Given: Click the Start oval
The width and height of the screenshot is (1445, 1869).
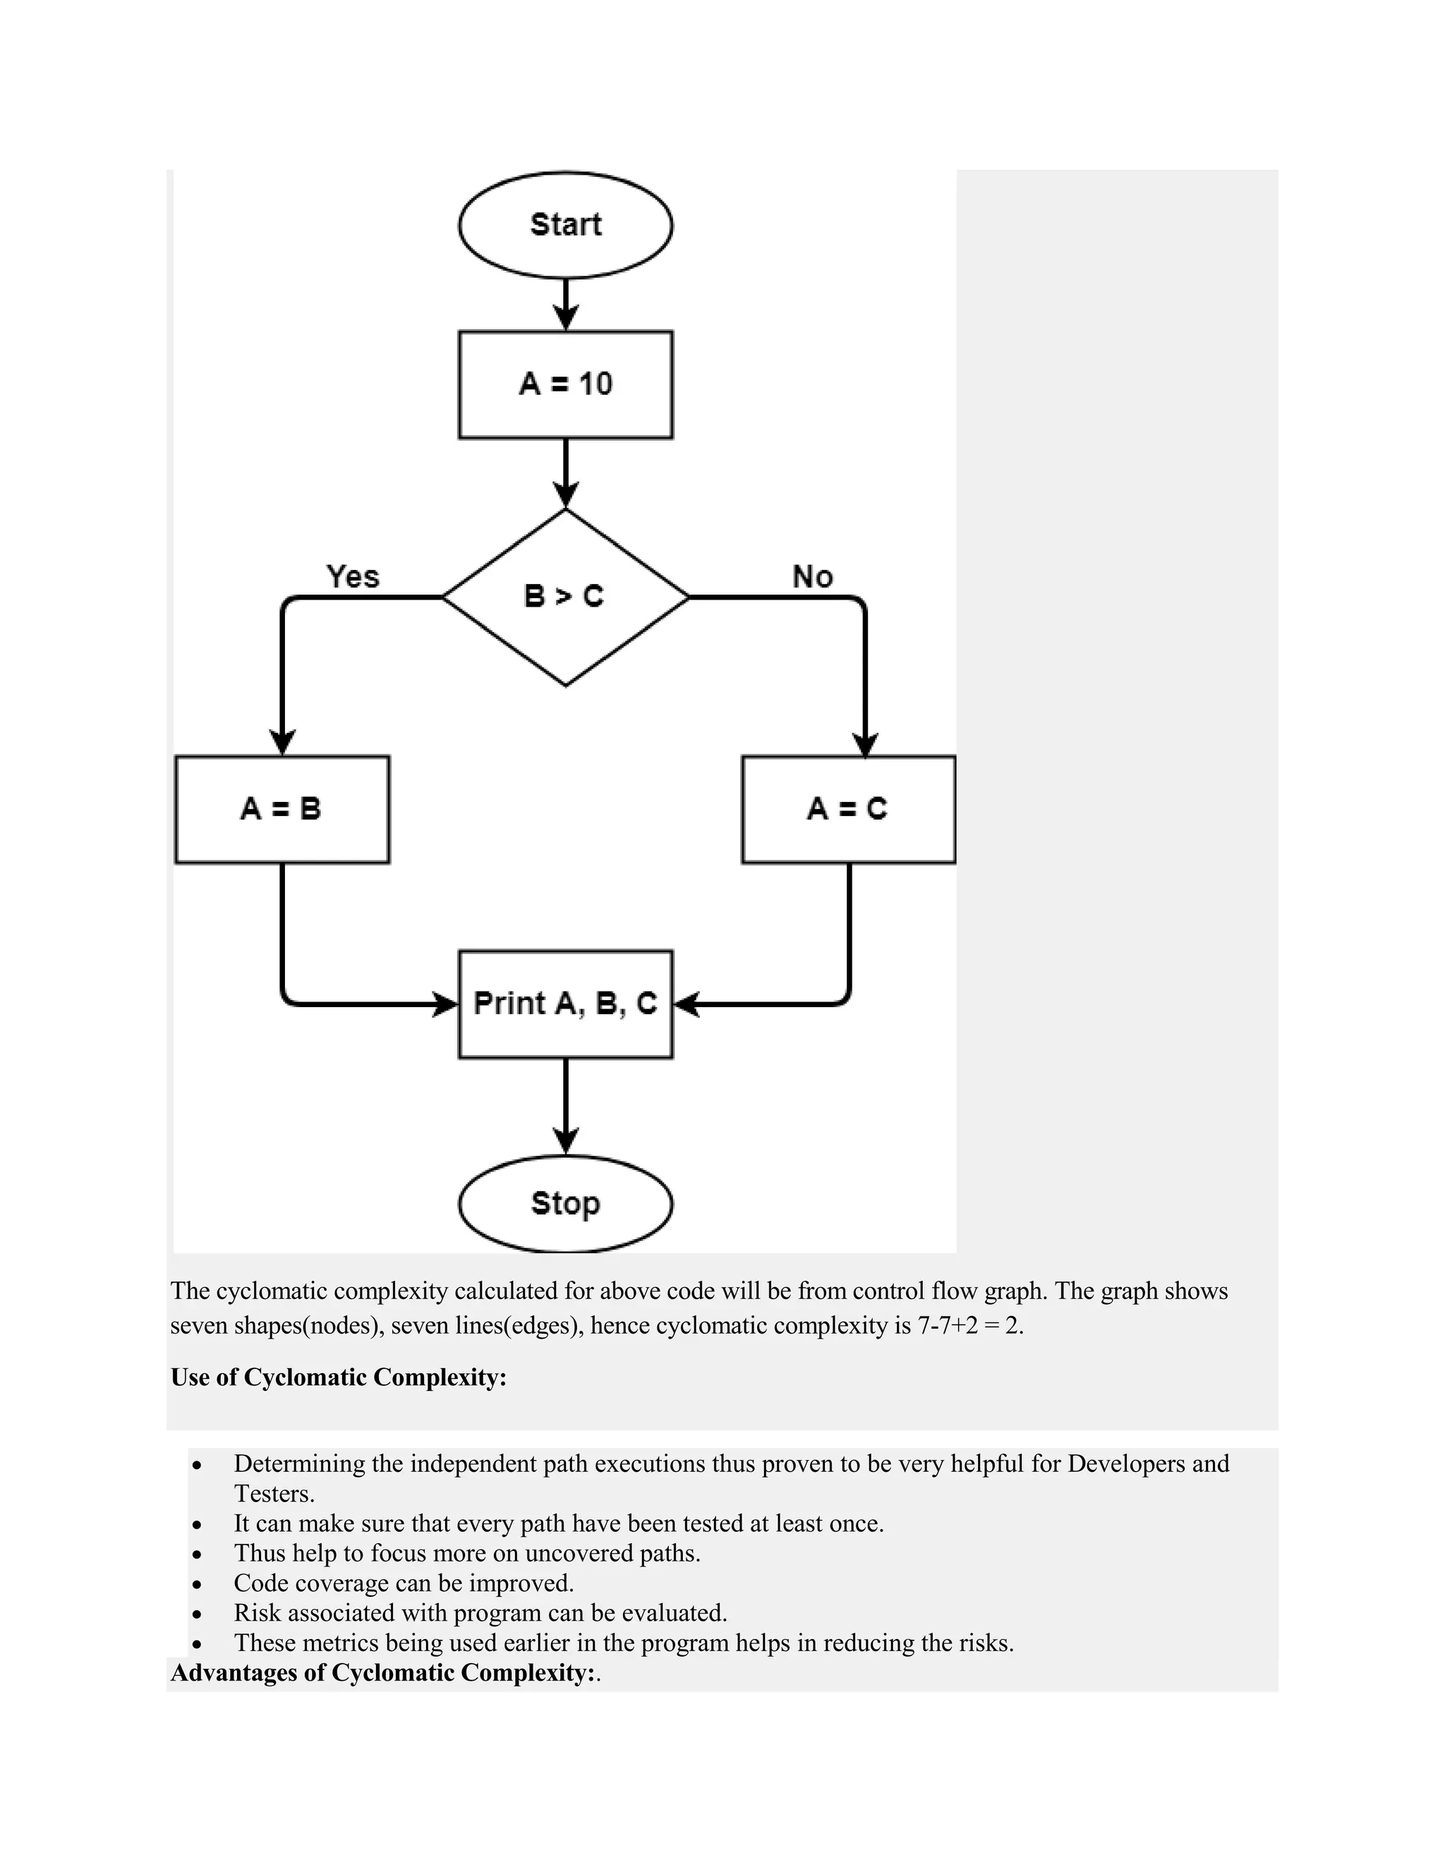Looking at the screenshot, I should (565, 224).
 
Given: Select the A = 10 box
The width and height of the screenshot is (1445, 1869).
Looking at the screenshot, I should (565, 384).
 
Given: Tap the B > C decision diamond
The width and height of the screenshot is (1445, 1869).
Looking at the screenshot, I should (565, 597).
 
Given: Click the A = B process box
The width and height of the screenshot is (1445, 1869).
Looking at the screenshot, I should (282, 809).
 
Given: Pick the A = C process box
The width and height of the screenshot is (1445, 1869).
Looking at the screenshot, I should (847, 809).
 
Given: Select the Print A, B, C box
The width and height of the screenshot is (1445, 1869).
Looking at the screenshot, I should (565, 1004).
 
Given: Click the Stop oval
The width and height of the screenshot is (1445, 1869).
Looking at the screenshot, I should (565, 1203).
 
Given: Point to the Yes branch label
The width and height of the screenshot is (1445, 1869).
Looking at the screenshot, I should (353, 576).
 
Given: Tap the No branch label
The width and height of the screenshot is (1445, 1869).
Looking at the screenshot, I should (812, 576).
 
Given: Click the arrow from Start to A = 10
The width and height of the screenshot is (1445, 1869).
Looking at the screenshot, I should (565, 305).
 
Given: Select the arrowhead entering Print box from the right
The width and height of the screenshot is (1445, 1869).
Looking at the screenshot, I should (687, 1004).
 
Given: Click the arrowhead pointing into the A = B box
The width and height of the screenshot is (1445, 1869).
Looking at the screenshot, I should (282, 742).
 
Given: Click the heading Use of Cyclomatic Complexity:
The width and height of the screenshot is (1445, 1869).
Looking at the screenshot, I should (338, 1377).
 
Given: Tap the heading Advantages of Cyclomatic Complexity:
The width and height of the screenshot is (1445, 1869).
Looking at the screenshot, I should (382, 1672).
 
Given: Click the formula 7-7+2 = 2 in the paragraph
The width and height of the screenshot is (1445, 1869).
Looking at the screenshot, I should (970, 1326).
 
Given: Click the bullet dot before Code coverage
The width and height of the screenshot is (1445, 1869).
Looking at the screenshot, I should (198, 1584).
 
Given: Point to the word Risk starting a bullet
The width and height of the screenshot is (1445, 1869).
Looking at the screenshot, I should (257, 1612).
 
